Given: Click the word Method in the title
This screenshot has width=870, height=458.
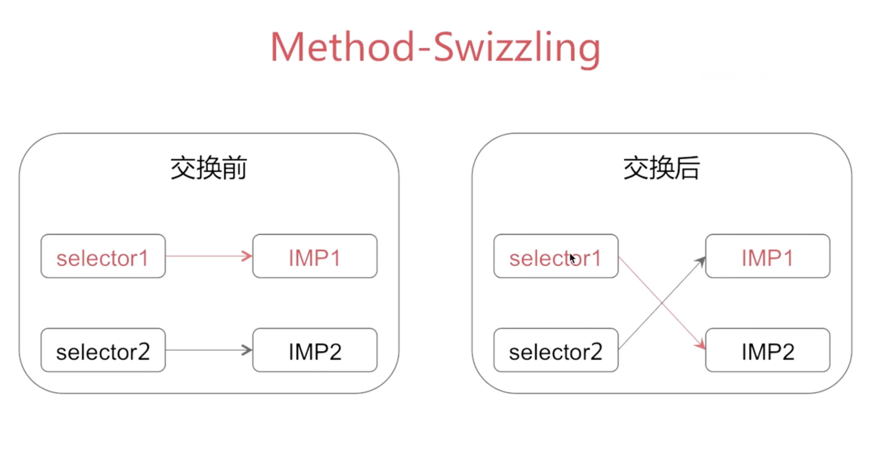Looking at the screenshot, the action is pos(343,47).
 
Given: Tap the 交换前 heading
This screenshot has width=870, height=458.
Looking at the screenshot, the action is pos(209,168).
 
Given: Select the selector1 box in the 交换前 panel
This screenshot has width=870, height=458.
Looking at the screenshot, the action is pos(103,256).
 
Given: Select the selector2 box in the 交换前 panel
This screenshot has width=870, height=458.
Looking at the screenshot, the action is pos(103,350).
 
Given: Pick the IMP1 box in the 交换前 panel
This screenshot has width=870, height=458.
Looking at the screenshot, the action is pos(315,256).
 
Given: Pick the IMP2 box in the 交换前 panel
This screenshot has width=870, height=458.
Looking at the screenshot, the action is pos(315,350).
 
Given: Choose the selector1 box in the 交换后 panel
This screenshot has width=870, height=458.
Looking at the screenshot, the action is pos(556,256).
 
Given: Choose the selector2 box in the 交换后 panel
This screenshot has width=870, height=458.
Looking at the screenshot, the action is pos(556,350).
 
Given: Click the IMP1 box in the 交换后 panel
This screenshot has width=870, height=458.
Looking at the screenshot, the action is pos(768,256).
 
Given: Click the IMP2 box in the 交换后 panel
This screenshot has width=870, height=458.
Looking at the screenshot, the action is pos(768,350).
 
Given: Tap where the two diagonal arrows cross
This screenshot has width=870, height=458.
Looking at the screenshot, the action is pos(662,303).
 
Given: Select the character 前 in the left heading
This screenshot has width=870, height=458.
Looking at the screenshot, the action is pos(235,168).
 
